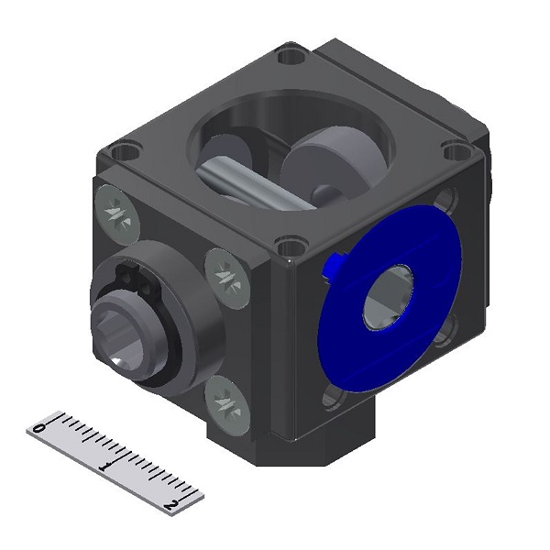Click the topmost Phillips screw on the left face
coord(117,209)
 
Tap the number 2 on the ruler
coord(170,505)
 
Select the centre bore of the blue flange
coord(389,298)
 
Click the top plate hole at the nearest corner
coord(291,246)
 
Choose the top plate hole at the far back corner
coord(292,56)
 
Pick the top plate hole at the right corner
coord(453,150)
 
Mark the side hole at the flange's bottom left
coord(332,396)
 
